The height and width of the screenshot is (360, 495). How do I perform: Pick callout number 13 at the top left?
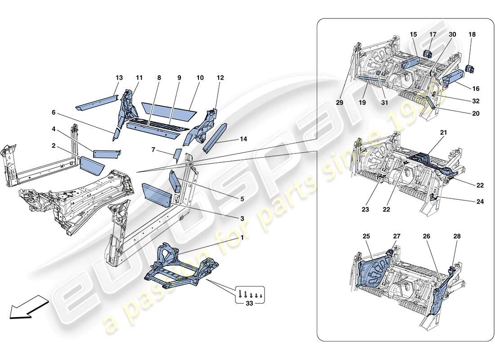pos(119,78)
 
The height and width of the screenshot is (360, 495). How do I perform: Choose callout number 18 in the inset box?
pos(472,34)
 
